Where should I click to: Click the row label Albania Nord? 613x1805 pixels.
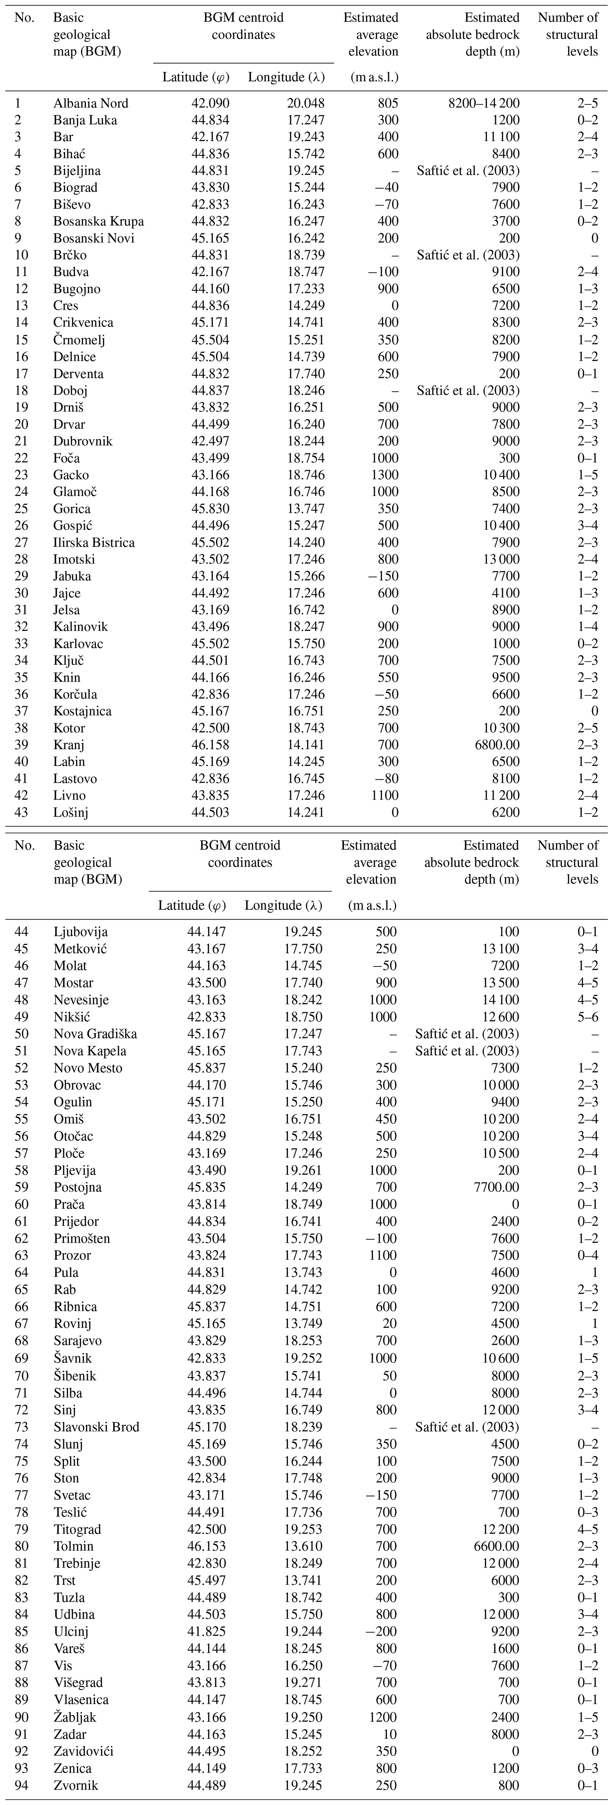(90, 103)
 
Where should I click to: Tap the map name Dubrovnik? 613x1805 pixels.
(83, 441)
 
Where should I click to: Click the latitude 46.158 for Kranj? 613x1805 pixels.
(210, 745)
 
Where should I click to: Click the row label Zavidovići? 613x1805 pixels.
(83, 1751)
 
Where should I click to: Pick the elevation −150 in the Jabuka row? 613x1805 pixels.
(380, 576)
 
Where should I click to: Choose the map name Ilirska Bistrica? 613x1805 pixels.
(94, 542)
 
